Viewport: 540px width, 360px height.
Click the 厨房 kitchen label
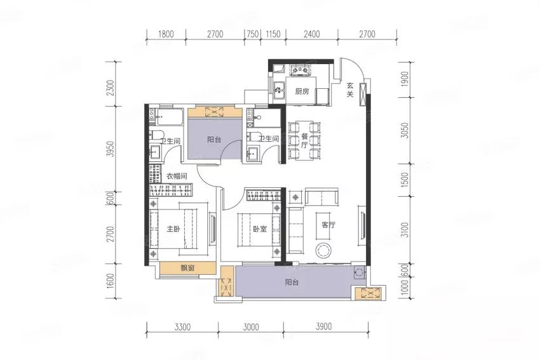tap(302, 91)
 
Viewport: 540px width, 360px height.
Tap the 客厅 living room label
tap(328, 225)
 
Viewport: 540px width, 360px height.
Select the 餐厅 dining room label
tap(304, 141)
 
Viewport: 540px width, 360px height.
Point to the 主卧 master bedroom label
tap(173, 229)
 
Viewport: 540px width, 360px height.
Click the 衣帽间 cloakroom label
tap(177, 177)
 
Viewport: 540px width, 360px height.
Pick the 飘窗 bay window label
tap(187, 268)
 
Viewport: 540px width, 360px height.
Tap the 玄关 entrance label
tap(350, 89)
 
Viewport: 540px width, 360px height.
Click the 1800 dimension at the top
tap(166, 34)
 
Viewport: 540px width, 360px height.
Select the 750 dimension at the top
tap(252, 34)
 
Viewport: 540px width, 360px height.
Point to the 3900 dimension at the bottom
tap(324, 326)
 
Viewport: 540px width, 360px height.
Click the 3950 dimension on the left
tap(110, 149)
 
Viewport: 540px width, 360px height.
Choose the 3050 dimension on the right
tap(405, 130)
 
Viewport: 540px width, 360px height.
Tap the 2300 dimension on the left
tap(110, 88)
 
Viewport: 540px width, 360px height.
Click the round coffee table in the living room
tap(325, 250)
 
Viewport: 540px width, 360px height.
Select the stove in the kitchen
tap(300, 70)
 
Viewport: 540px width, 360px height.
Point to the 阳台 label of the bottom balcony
tap(292, 283)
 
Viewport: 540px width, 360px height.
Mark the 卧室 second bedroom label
tap(260, 229)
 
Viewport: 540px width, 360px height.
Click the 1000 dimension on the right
tap(405, 286)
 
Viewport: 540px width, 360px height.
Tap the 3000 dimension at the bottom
tap(251, 326)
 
